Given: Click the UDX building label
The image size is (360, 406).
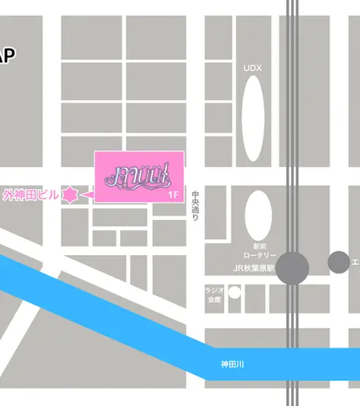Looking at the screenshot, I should tap(252, 68).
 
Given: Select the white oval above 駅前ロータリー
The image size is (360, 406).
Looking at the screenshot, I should tap(258, 215).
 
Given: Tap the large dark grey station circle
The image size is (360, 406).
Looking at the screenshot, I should tap(292, 266).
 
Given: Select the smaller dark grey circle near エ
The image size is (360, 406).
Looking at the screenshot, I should tap(338, 263).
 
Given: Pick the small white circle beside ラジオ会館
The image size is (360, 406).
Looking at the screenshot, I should tap(235, 292).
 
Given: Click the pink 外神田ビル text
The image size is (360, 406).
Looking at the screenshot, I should tap(30, 195).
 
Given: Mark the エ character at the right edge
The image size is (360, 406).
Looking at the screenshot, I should tap(355, 263).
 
